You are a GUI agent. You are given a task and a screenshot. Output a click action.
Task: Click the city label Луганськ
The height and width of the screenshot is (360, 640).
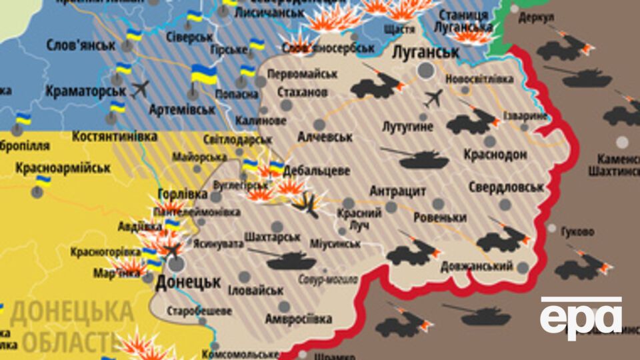point(426,52)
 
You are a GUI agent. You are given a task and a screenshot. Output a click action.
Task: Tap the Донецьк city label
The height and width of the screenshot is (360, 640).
point(188,282)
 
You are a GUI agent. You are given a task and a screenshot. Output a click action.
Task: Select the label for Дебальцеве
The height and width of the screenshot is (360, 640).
point(316,171)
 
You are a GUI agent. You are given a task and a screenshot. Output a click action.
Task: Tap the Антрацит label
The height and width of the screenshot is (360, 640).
point(397,191)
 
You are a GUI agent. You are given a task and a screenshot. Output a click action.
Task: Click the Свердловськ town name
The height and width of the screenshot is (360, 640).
point(506,187)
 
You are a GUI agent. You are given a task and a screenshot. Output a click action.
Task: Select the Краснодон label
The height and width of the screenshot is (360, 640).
point(495,155)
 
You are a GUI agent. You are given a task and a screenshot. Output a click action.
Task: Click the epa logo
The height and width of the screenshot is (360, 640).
point(581,319)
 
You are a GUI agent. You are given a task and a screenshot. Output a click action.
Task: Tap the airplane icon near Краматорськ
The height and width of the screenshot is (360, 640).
point(140,89)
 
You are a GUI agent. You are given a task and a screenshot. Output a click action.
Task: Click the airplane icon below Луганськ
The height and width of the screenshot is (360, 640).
point(433,98)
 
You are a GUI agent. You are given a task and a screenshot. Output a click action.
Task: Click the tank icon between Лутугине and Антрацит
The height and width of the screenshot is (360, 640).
point(410,158)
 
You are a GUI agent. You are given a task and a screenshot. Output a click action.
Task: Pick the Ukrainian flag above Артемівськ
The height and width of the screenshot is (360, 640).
point(203,75)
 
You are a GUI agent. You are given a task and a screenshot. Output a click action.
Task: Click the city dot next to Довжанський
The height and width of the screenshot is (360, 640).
point(523,267)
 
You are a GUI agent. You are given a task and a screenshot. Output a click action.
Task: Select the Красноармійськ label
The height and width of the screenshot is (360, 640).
point(63,167)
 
